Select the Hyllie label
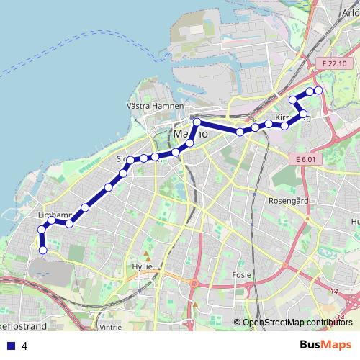[143, 266]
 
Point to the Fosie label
[241, 274]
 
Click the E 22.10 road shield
[335, 64]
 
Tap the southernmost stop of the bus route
[43, 251]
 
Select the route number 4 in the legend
[24, 346]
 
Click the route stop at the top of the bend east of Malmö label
[196, 122]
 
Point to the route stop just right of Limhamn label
[69, 224]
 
